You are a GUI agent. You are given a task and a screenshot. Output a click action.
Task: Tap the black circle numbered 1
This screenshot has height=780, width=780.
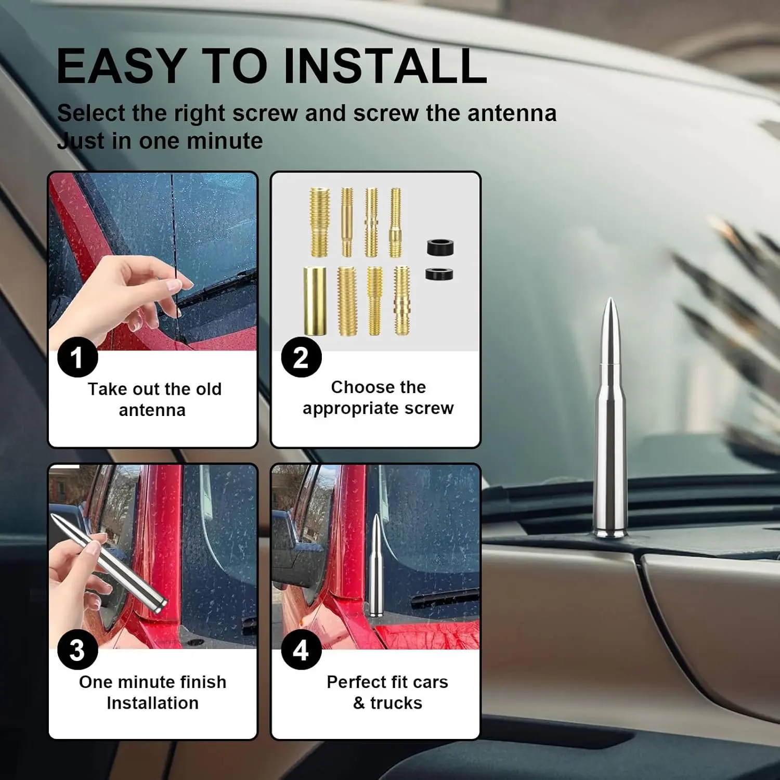point(77,357)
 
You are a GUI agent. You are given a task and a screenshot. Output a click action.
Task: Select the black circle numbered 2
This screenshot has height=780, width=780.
point(301,357)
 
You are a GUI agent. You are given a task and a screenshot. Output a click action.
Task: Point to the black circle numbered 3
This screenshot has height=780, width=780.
point(77,650)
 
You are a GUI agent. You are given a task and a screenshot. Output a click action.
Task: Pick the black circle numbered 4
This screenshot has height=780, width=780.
point(301,650)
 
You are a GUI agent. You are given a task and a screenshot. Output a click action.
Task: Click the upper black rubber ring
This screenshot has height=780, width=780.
point(440,247)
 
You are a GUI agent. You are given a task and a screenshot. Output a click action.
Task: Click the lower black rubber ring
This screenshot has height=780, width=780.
point(439,274)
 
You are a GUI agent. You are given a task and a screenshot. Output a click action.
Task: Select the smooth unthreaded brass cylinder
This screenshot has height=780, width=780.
point(315,301)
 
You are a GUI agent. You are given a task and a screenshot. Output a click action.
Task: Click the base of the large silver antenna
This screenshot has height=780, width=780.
point(611,532)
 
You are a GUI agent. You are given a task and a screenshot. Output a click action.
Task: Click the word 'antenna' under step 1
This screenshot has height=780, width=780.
point(152,410)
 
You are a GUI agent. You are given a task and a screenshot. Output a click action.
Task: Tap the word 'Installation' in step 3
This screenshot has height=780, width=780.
point(152,703)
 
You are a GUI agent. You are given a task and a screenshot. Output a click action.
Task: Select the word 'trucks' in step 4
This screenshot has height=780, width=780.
point(396,703)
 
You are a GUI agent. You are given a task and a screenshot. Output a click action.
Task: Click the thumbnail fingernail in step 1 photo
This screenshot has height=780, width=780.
point(174,284)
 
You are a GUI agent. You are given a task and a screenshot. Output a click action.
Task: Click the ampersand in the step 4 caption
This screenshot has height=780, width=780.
point(359,703)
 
